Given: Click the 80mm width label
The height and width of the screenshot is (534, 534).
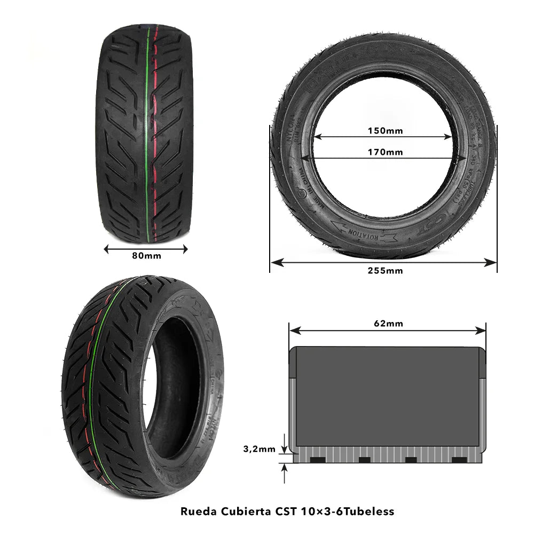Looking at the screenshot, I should pos(146,256).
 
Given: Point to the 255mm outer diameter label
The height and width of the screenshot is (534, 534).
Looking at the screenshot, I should pos(385,270).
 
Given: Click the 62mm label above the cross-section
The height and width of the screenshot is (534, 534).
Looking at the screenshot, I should pos(388,324).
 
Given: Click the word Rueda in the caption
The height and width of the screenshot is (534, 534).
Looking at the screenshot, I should pos(196,511).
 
